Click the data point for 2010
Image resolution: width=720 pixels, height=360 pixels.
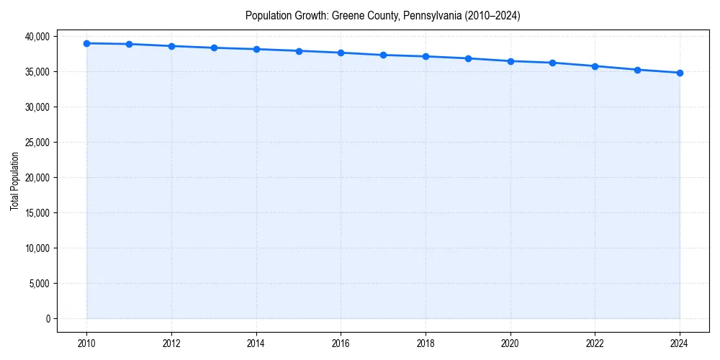86,43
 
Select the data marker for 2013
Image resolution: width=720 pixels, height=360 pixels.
214,48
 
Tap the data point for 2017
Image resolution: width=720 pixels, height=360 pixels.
384,55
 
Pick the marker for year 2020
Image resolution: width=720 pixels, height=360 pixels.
510,61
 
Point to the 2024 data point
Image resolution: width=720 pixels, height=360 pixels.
680,73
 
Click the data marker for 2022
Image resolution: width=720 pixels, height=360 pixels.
595,66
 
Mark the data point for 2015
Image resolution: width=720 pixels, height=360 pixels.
299,51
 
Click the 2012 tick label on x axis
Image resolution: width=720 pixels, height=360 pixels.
171,343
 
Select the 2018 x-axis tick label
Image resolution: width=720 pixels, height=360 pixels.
426,343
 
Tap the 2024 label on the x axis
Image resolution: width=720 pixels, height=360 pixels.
680,343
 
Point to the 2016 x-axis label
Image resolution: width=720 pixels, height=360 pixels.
341,343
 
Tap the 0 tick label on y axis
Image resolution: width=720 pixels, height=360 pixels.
48,319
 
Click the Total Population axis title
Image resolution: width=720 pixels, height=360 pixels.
14,181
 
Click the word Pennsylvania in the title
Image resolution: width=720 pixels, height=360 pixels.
404,15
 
